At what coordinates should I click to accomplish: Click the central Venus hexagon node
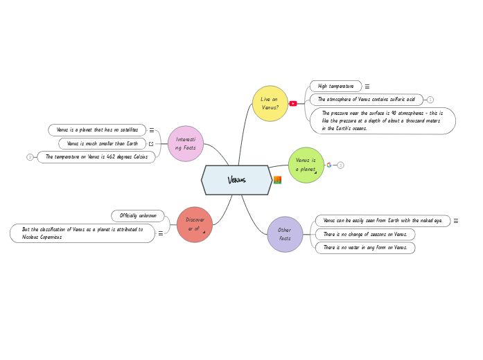pyautogui.click(x=236, y=180)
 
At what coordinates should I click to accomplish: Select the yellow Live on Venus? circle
pyautogui.click(x=270, y=103)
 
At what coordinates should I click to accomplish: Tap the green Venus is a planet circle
pyautogui.click(x=306, y=165)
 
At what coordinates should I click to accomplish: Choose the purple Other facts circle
pyautogui.click(x=285, y=234)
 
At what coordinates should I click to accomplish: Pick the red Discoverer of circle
pyautogui.click(x=195, y=224)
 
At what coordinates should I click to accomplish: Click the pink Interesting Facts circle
pyautogui.click(x=186, y=143)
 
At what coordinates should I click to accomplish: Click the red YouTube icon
pyautogui.click(x=293, y=103)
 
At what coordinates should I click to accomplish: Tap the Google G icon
pyautogui.click(x=329, y=165)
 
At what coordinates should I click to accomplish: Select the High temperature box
pyautogui.click(x=335, y=87)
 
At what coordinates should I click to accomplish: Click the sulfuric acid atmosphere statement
pyautogui.click(x=366, y=100)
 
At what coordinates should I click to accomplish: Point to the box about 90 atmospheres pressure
pyautogui.click(x=383, y=120)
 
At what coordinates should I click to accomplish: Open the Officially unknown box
pyautogui.click(x=138, y=216)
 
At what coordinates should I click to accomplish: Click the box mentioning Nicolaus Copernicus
pyautogui.click(x=82, y=233)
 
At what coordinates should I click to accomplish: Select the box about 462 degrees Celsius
pyautogui.click(x=96, y=157)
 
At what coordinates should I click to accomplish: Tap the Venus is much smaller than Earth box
pyautogui.click(x=102, y=143)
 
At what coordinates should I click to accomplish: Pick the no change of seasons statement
pyautogui.click(x=365, y=235)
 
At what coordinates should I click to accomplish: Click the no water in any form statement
pyautogui.click(x=365, y=248)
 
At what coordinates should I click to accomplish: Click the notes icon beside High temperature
pyautogui.click(x=367, y=87)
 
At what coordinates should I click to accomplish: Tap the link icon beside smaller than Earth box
pyautogui.click(x=151, y=143)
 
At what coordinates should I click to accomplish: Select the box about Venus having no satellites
pyautogui.click(x=97, y=130)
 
